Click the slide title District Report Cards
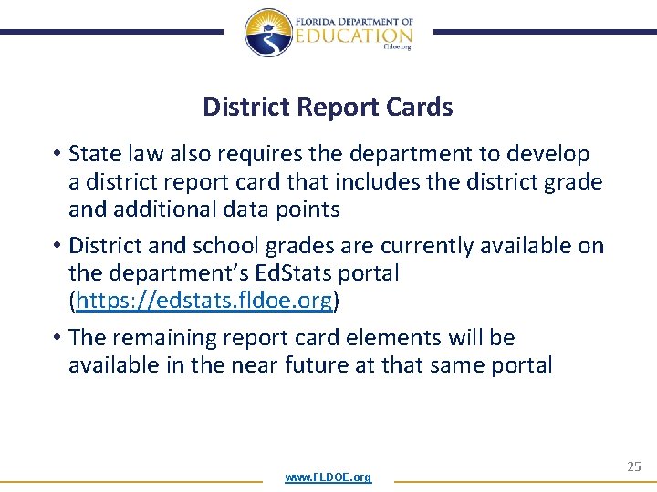(x=328, y=108)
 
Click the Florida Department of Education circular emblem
(x=268, y=33)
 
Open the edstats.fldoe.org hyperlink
(x=205, y=301)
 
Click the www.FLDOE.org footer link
(x=328, y=477)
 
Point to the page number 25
(x=634, y=466)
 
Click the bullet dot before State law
(x=56, y=155)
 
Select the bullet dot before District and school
(x=56, y=246)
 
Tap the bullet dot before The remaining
(x=56, y=338)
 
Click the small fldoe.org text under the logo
(x=398, y=47)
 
